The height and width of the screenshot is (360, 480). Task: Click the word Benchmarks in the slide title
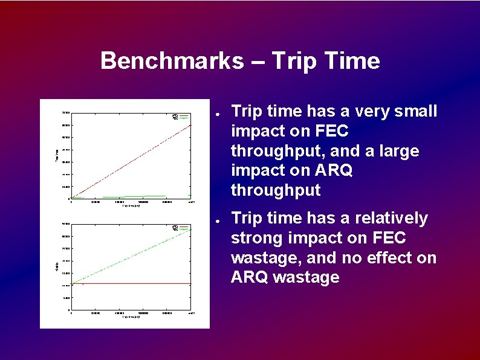tap(172, 61)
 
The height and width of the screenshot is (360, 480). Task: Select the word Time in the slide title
tap(352, 61)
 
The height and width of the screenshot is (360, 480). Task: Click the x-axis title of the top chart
tap(131, 206)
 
